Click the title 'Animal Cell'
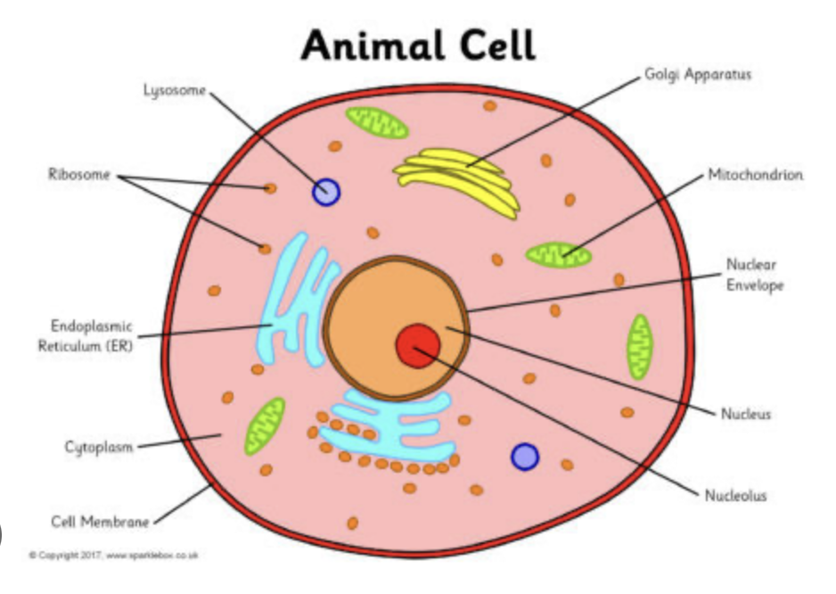click(x=418, y=45)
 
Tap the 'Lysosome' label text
click(x=175, y=89)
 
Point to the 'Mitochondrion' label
click(x=755, y=175)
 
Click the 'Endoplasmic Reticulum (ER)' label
click(x=85, y=336)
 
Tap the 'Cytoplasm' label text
click(x=99, y=447)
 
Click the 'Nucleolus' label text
click(x=734, y=495)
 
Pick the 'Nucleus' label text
click(x=745, y=414)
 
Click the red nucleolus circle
click(x=417, y=345)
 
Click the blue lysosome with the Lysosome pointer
click(x=326, y=191)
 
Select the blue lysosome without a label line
click(x=525, y=457)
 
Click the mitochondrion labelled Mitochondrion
click(x=558, y=255)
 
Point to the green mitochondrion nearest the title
click(x=377, y=122)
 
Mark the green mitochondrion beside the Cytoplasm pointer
click(x=265, y=424)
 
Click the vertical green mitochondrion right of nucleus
click(x=639, y=345)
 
